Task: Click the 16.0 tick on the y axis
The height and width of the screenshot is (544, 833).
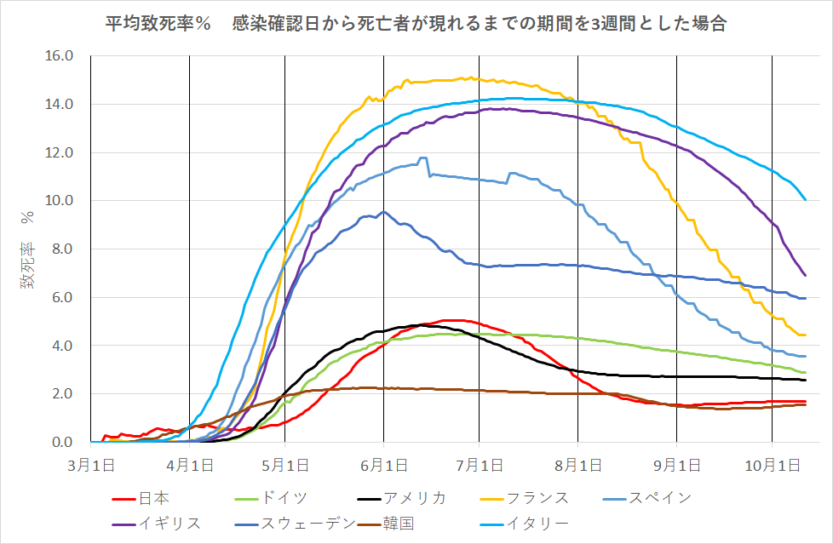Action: (x=63, y=56)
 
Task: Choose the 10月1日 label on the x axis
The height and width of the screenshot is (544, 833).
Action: (x=772, y=466)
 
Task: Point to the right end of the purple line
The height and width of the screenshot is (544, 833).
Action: (x=805, y=275)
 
